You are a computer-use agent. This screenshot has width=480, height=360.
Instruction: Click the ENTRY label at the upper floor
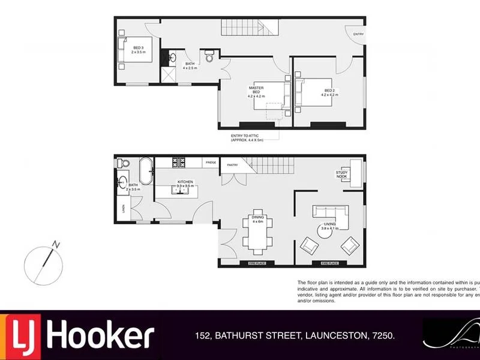[x=358, y=34]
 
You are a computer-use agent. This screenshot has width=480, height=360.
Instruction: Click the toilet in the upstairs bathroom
[x=209, y=57]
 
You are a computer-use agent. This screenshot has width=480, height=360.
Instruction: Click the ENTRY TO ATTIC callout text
[x=248, y=138]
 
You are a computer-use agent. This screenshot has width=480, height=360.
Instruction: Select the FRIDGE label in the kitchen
[x=210, y=163]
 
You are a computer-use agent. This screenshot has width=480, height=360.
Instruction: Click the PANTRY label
[x=232, y=165]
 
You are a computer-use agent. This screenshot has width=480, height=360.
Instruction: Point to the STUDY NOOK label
[x=341, y=175]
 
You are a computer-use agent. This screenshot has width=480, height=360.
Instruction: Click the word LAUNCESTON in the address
[x=334, y=337]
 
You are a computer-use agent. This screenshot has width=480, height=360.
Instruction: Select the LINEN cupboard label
[x=123, y=209]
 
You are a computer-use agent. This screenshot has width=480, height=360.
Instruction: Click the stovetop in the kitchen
[x=179, y=162]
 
